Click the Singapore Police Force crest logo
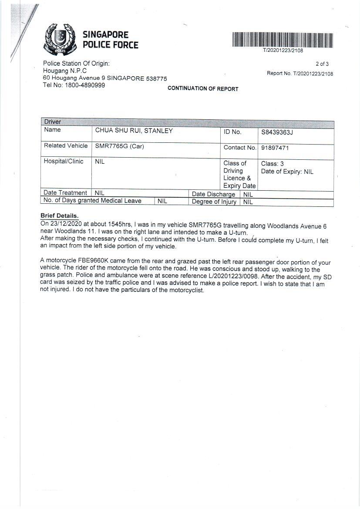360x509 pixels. click(x=61, y=39)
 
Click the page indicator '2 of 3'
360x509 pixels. click(x=322, y=64)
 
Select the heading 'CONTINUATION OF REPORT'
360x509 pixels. click(x=203, y=89)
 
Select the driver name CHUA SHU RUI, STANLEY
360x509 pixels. click(x=134, y=131)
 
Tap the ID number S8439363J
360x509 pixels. click(x=277, y=132)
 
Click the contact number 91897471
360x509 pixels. click(x=275, y=148)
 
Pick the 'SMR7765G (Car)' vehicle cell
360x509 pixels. click(x=120, y=146)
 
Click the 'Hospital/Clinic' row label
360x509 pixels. click(x=64, y=162)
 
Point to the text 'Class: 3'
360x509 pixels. click(x=273, y=164)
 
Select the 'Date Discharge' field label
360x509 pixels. click(x=213, y=194)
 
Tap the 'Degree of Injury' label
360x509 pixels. click(x=214, y=202)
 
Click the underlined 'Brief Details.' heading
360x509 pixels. click(x=60, y=216)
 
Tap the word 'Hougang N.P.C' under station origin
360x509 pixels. click(x=65, y=71)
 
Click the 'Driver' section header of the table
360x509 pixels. click(x=53, y=122)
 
